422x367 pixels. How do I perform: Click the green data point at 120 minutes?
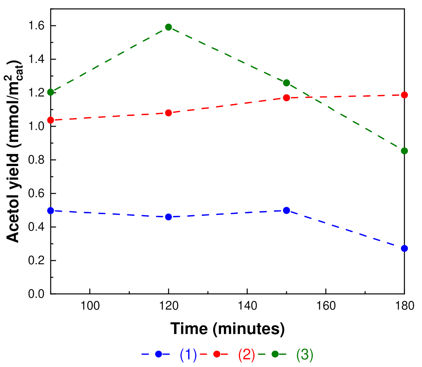click(x=168, y=27)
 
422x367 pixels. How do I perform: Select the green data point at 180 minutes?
click(x=404, y=151)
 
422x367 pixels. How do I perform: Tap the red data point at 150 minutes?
click(x=286, y=98)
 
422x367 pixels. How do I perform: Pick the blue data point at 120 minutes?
click(x=168, y=217)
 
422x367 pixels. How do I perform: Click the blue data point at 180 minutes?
click(x=404, y=248)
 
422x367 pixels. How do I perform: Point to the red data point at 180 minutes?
click(x=404, y=95)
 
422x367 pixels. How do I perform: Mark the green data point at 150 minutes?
click(x=286, y=83)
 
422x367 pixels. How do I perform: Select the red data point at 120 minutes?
click(x=168, y=113)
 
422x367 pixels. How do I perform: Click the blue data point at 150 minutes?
click(x=286, y=210)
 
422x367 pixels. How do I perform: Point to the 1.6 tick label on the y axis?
click(x=36, y=26)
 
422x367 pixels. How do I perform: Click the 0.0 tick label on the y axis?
click(x=36, y=294)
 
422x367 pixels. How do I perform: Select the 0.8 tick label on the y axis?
click(x=36, y=160)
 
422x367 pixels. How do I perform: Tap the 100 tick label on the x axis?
click(x=90, y=306)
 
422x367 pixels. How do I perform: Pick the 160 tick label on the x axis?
click(x=326, y=306)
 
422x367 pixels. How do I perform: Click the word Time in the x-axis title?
click(x=189, y=329)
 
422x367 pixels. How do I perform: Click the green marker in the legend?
click(x=275, y=354)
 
